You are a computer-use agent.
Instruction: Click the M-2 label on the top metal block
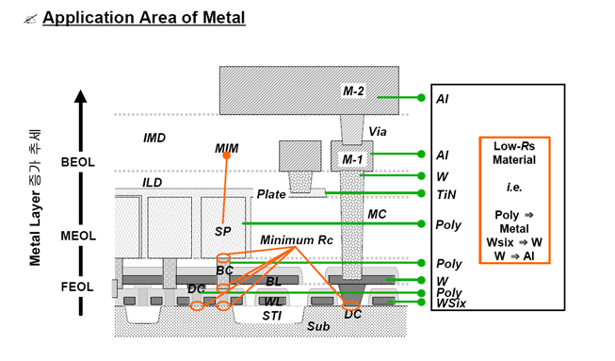coord(353,91)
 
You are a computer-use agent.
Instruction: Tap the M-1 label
coord(352,159)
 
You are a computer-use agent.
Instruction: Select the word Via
coord(378,131)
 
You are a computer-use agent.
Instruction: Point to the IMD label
coord(154,138)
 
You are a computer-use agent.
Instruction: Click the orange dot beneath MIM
coord(226,156)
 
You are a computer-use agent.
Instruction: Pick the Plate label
coord(271,194)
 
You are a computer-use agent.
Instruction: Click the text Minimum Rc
coord(297,239)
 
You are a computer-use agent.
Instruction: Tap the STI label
coord(272,316)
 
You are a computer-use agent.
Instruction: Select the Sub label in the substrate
coord(318,326)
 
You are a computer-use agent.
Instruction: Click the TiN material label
coord(446,194)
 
